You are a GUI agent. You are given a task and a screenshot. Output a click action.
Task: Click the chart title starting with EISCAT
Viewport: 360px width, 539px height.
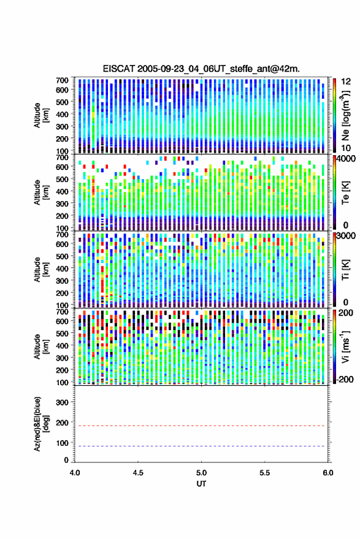[201, 69]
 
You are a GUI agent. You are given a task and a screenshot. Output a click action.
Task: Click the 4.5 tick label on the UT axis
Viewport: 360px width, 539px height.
[138, 473]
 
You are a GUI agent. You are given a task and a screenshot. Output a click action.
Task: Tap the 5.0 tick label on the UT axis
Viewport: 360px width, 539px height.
[201, 473]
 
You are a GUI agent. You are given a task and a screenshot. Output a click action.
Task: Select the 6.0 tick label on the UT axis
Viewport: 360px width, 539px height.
[328, 473]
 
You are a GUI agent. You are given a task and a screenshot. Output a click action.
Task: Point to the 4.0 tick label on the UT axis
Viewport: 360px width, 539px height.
[75, 473]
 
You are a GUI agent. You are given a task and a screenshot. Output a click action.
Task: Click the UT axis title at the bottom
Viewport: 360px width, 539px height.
[201, 484]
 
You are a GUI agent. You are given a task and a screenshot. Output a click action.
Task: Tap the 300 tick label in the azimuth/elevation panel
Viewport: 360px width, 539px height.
[62, 402]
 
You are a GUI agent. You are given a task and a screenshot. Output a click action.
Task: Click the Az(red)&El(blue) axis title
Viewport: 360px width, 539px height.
[40, 424]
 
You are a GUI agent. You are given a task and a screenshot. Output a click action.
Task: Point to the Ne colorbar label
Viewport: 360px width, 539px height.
[345, 115]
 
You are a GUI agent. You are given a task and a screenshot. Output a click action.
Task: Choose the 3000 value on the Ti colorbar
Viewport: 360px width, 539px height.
[345, 236]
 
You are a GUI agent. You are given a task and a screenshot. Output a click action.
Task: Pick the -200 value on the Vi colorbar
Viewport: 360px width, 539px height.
[344, 379]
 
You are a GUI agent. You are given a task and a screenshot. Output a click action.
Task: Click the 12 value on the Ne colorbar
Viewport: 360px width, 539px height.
[346, 82]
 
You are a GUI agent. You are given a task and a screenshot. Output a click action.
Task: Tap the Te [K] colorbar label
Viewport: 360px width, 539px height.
[345, 193]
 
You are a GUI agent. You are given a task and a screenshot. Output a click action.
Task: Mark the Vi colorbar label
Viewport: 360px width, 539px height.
[345, 346]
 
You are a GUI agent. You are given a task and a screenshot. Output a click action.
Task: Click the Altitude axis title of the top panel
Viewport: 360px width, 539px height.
[40, 115]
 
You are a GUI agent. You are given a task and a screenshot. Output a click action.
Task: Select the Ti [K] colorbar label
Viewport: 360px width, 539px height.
[345, 269]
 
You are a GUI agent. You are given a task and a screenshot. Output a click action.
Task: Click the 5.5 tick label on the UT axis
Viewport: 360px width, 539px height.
[265, 473]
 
